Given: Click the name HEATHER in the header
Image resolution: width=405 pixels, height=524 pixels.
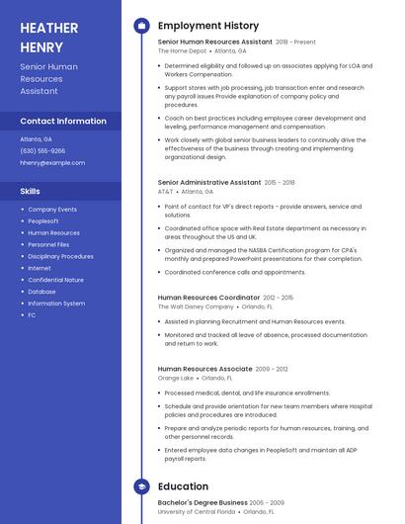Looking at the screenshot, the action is [x=50, y=27].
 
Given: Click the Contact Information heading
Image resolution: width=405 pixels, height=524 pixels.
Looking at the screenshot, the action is [x=63, y=121].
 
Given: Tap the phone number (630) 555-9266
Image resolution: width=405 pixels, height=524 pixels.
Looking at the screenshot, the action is [x=42, y=150].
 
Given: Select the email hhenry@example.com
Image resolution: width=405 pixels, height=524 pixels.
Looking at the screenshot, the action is [x=52, y=162].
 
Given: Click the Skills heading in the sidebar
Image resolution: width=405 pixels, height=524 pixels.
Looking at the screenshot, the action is [x=31, y=191].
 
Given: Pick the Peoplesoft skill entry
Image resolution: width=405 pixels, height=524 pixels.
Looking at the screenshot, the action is [x=43, y=221].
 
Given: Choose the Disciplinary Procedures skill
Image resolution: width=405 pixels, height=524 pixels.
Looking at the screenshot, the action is [x=60, y=256].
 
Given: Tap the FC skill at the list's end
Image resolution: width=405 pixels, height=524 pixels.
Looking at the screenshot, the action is [x=32, y=314].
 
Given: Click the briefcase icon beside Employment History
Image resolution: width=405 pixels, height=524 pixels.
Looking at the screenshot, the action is [x=141, y=25].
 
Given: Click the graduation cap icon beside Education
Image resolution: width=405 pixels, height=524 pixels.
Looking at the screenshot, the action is [x=141, y=486].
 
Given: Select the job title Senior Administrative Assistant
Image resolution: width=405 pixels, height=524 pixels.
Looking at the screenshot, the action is [x=209, y=182].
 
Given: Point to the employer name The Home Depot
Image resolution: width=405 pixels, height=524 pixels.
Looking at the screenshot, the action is [x=182, y=50].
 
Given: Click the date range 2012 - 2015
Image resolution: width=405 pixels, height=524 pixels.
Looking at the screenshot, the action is [x=279, y=298].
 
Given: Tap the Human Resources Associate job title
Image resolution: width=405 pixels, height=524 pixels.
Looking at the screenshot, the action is [x=204, y=369].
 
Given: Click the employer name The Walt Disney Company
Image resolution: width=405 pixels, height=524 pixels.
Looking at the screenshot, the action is [x=195, y=306].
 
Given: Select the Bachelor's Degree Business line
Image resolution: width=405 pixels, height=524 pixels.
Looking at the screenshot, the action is [x=202, y=502].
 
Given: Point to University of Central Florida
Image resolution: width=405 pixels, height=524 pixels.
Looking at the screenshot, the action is [x=197, y=511].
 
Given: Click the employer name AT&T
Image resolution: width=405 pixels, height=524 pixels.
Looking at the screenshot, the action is [x=165, y=191].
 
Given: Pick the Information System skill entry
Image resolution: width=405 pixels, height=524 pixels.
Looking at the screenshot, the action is [x=56, y=303].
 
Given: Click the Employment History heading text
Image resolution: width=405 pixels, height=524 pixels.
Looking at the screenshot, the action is [x=208, y=25].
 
